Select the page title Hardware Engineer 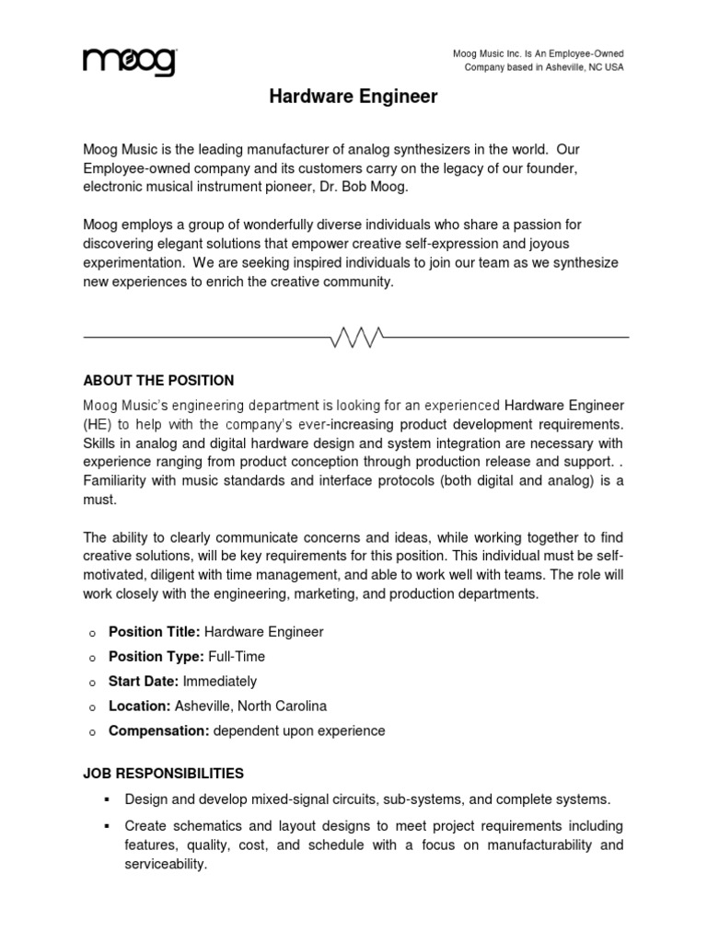[353, 96]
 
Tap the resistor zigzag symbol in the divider [356, 337]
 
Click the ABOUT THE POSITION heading [158, 380]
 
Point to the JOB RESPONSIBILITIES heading [163, 773]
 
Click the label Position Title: [154, 632]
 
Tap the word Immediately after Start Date [220, 682]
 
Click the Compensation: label [159, 731]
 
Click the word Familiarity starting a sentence [121, 481]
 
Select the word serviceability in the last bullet [166, 865]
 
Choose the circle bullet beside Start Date [92, 683]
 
